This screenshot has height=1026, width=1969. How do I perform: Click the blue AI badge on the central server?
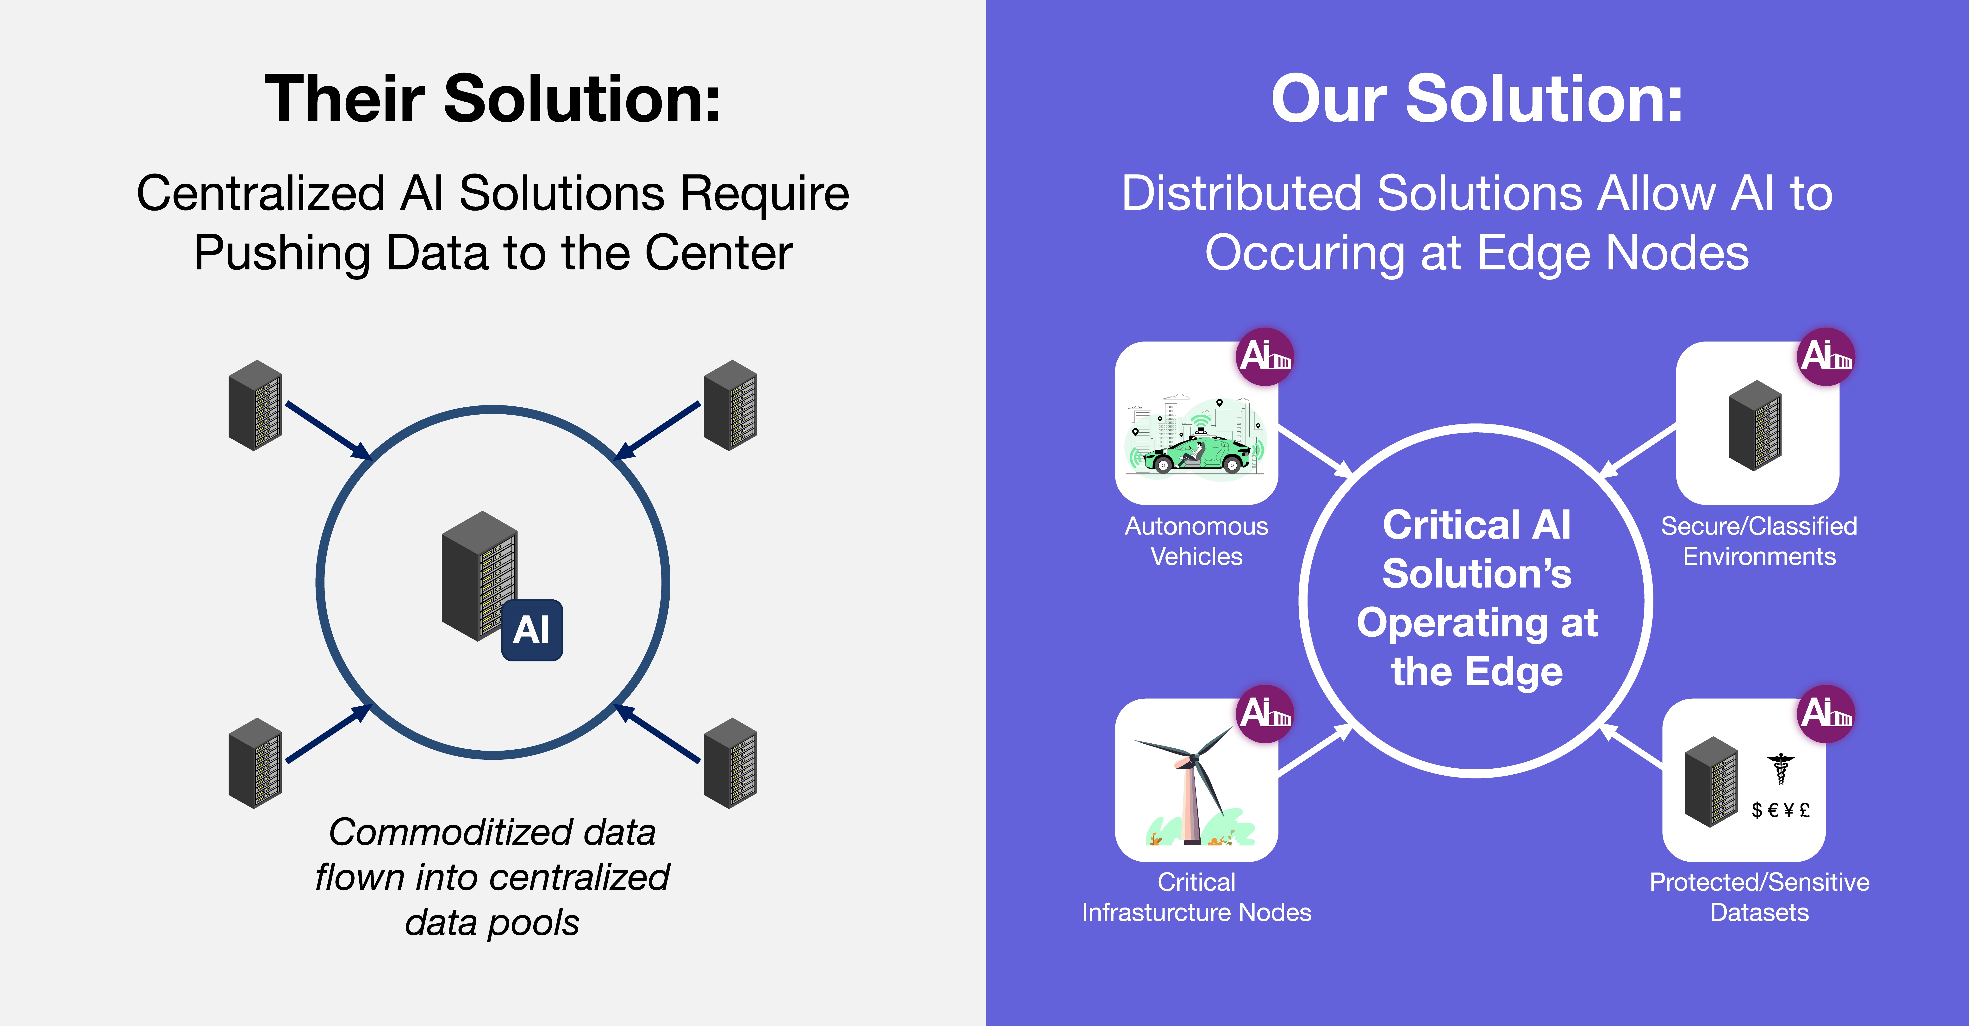coord(532,630)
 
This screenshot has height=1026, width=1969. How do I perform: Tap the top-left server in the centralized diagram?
coord(255,405)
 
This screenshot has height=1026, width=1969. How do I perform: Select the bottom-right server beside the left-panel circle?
coord(730,763)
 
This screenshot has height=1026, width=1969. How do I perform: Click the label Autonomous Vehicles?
coord(1196,541)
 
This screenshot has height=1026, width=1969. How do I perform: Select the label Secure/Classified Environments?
coord(1759,541)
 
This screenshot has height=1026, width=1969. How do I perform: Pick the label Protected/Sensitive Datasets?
coord(1759,897)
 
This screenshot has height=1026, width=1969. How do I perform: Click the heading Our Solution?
coord(1477,99)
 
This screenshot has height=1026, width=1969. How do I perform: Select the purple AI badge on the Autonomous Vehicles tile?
coord(1265,356)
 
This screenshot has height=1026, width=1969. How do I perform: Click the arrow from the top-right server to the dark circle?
coord(659,430)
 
